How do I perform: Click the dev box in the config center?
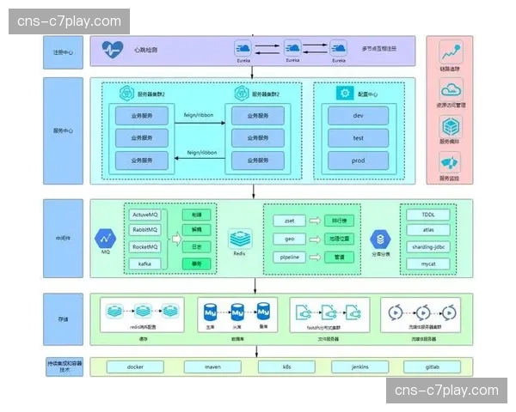click(358, 115)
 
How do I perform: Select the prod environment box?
click(358, 161)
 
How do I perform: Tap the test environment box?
click(358, 137)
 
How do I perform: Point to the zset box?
click(289, 221)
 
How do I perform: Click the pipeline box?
click(289, 257)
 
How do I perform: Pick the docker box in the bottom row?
click(134, 367)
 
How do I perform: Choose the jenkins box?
click(359, 367)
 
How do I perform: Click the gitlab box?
click(433, 367)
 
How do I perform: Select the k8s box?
click(286, 367)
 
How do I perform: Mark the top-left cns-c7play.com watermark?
click(69, 21)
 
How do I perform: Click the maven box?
click(211, 367)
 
